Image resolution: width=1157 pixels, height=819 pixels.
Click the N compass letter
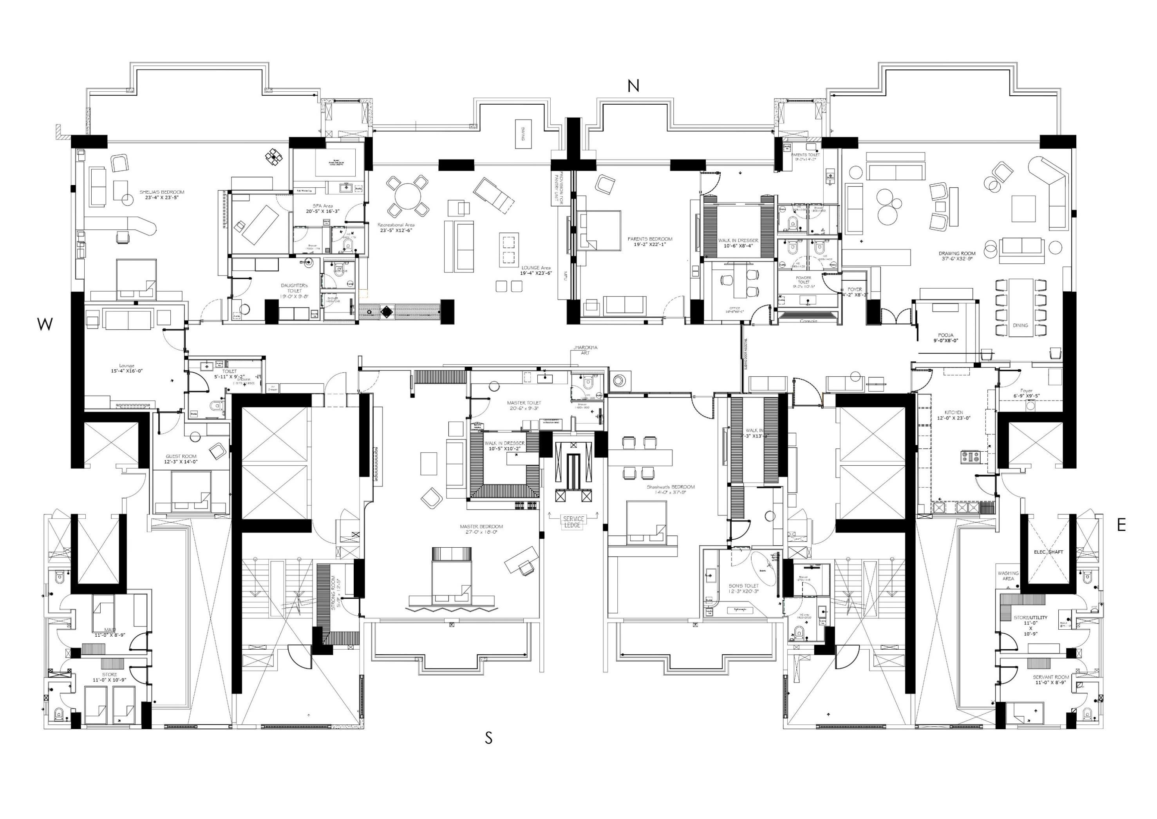[x=633, y=86]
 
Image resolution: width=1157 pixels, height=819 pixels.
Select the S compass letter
[x=488, y=738]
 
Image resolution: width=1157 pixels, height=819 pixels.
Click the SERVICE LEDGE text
[x=573, y=522]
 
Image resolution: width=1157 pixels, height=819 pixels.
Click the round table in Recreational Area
[x=408, y=196]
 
